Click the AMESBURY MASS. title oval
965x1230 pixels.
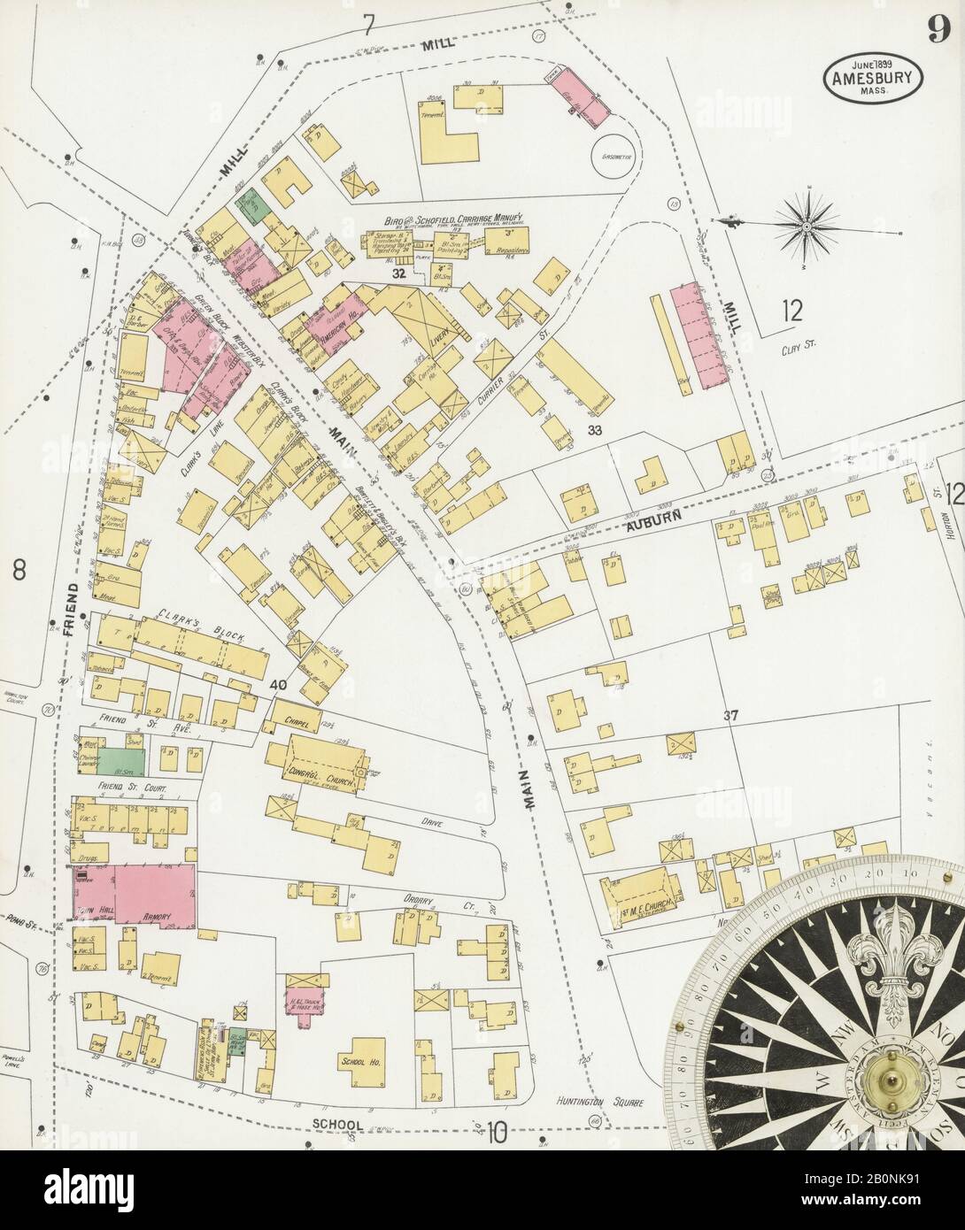(x=873, y=76)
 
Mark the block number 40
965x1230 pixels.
(x=279, y=684)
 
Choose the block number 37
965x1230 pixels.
(x=730, y=715)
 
